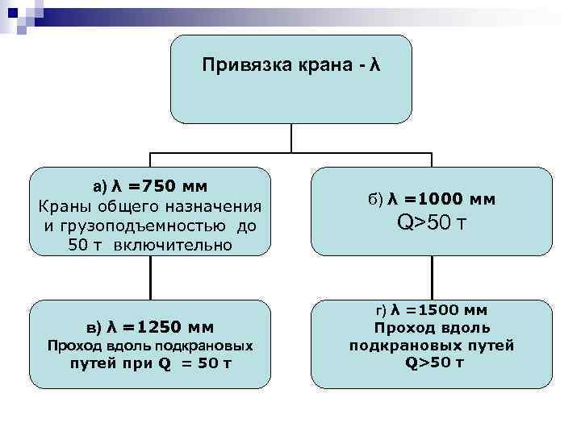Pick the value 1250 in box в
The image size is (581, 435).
click(x=159, y=326)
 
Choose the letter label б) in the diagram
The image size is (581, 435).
click(x=375, y=198)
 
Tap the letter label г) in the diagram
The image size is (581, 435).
click(x=381, y=309)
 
